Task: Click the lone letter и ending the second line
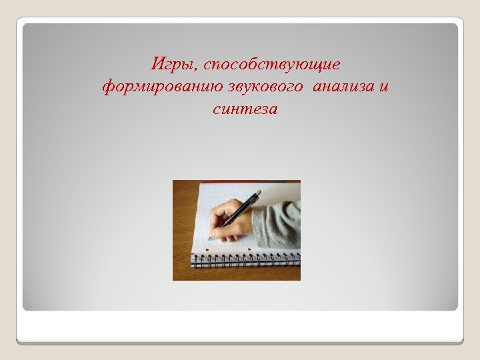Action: [385, 87]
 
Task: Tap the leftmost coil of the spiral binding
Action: [195, 261]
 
